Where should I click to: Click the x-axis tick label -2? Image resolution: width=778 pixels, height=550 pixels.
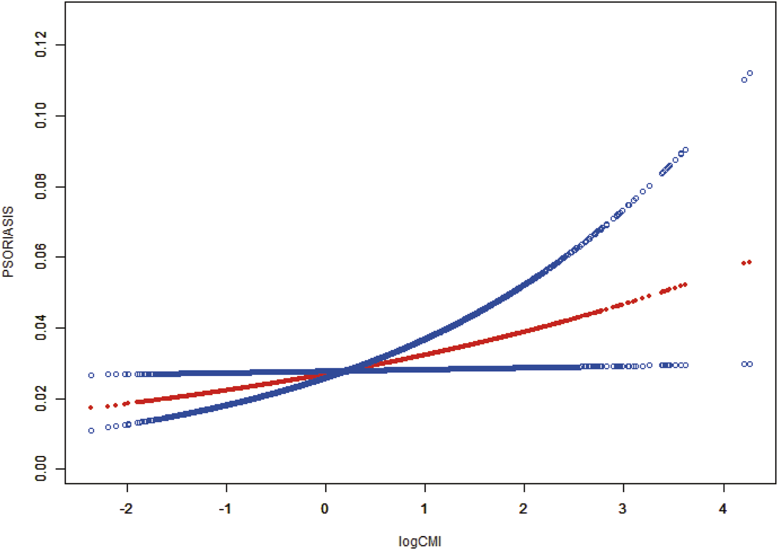[127, 509]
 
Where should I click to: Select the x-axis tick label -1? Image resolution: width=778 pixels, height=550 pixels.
[225, 509]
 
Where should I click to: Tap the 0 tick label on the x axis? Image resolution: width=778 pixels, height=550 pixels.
[325, 509]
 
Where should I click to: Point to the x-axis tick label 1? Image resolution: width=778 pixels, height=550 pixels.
[424, 509]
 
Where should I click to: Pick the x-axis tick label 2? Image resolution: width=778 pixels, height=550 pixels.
[523, 509]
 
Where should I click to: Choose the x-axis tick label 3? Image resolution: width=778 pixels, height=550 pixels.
[622, 509]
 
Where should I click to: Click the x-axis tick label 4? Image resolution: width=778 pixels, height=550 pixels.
[722, 509]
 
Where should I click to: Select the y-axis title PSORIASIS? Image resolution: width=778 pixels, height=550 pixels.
[9, 242]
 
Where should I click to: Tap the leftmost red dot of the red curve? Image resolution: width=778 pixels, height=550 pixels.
[91, 408]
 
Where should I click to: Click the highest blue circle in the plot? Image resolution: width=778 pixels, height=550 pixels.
[750, 73]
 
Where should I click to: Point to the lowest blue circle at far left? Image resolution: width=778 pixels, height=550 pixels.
[91, 431]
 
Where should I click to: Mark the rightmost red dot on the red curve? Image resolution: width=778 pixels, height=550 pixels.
[750, 262]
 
